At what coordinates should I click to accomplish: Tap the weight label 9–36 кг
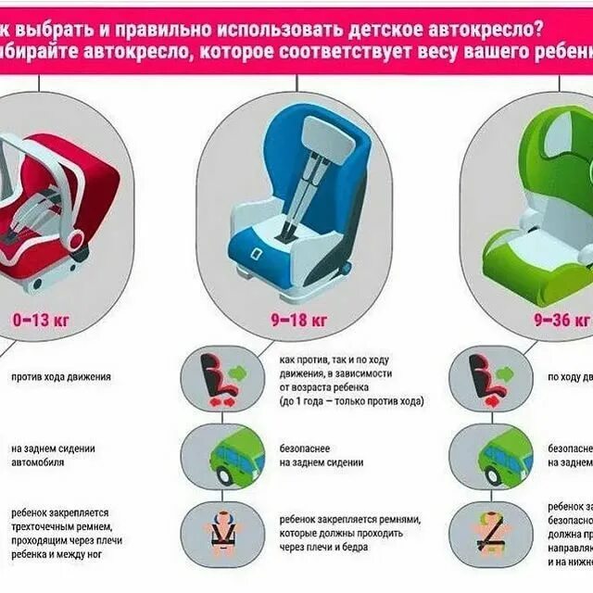pos(561,320)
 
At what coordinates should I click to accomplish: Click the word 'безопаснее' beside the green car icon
pos(302,448)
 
